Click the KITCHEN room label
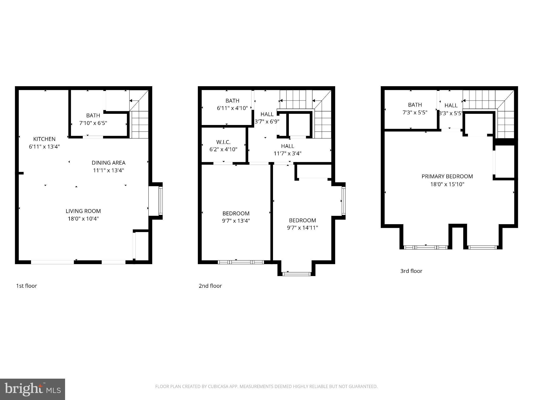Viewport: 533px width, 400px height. coord(44,139)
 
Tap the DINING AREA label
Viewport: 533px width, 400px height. coord(109,163)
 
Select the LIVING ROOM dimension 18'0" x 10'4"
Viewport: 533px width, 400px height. coord(83,219)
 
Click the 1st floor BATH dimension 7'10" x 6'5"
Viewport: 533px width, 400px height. coord(93,123)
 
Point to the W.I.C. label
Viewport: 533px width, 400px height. coord(223,142)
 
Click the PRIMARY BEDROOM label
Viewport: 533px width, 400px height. coord(447,177)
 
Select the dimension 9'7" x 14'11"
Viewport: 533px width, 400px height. coord(302,228)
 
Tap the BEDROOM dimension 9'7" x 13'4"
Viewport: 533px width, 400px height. coord(236,221)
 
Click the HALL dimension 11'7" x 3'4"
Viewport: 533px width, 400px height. coord(287,154)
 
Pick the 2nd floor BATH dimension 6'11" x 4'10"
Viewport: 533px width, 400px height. coord(232,108)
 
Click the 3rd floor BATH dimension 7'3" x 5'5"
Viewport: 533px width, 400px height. coord(415,113)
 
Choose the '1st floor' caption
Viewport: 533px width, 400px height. coord(27,286)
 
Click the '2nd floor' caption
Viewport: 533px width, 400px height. coord(210,286)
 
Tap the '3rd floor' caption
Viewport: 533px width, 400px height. coord(411,271)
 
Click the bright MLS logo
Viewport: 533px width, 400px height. coord(33,389)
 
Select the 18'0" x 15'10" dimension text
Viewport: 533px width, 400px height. coord(447,184)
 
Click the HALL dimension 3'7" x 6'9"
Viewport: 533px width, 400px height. coord(267,121)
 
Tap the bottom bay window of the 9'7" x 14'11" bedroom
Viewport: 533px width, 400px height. coord(296,274)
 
